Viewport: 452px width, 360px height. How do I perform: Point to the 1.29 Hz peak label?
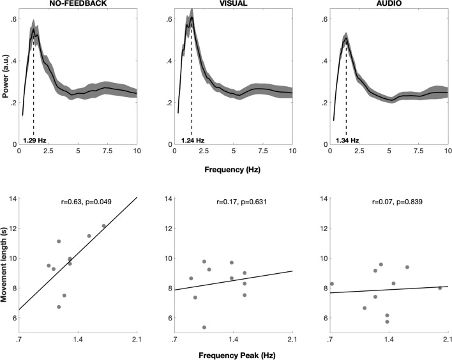[34, 140]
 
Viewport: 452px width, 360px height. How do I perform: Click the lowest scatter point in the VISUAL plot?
[204, 327]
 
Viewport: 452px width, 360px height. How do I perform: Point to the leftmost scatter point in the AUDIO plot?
[332, 284]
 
